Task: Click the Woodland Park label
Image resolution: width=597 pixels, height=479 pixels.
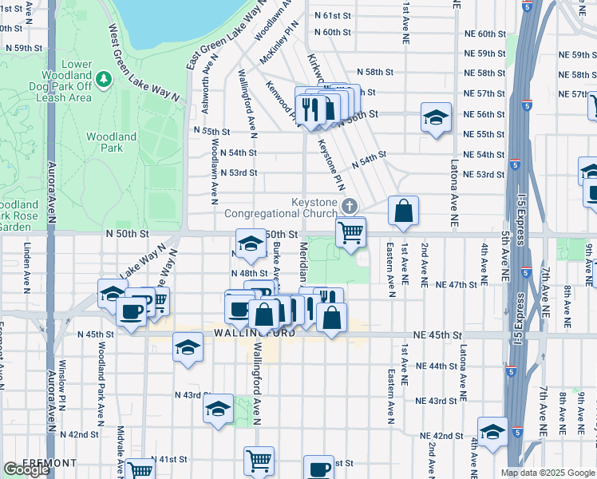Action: (x=111, y=142)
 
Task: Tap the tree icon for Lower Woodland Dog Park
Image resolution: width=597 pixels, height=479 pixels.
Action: (x=103, y=80)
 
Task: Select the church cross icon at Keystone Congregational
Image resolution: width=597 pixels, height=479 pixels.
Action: (x=349, y=207)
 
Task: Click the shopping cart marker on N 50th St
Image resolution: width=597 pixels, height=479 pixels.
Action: (x=350, y=233)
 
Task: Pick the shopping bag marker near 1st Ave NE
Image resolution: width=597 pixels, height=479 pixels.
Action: (x=404, y=212)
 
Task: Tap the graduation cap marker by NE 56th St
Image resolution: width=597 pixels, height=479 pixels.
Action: (x=435, y=118)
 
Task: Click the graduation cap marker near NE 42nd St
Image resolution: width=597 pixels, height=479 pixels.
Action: (x=492, y=431)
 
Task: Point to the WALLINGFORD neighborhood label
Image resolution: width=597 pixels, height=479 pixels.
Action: (x=255, y=333)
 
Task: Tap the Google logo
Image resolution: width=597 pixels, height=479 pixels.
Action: (x=27, y=469)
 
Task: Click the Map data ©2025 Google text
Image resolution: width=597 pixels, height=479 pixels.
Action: (x=547, y=473)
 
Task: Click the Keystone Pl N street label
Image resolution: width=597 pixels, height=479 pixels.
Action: (x=331, y=160)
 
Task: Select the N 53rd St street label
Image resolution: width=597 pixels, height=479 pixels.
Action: (x=237, y=172)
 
